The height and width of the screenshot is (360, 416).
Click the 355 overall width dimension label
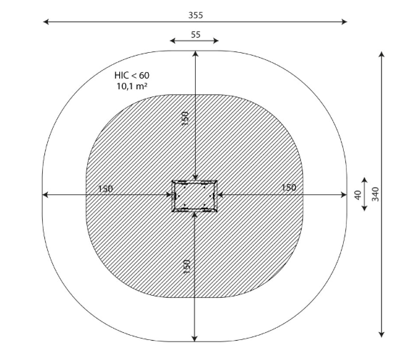click(x=196, y=16)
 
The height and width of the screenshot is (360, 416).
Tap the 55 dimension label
click(x=196, y=35)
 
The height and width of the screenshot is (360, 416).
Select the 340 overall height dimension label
click(x=375, y=194)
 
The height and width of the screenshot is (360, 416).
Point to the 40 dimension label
click(x=358, y=195)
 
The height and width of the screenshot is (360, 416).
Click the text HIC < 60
click(x=132, y=75)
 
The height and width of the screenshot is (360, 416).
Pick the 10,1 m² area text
click(x=132, y=86)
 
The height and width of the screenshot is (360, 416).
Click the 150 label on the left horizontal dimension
click(x=105, y=189)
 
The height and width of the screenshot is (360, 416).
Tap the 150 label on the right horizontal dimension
click(x=288, y=188)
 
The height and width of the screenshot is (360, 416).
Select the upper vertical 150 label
click(x=185, y=119)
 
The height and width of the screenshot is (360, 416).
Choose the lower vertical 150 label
click(x=187, y=266)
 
